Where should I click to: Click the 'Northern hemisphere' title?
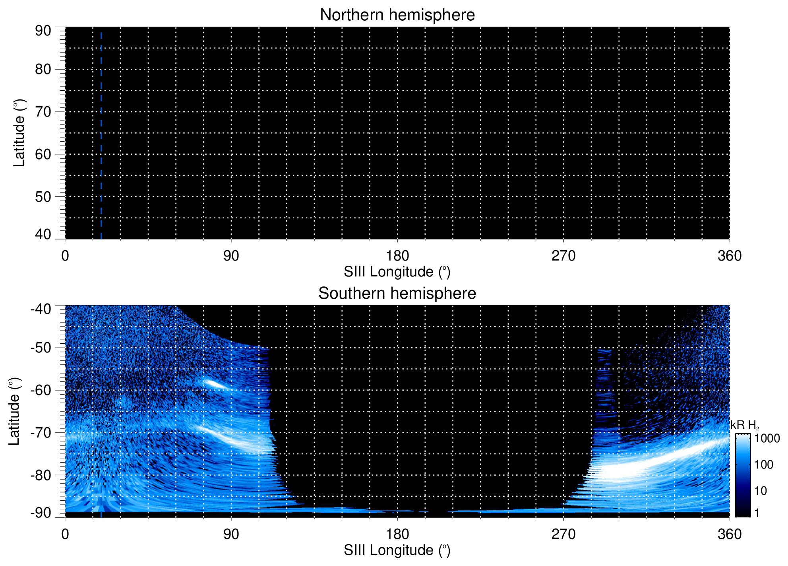tap(397, 15)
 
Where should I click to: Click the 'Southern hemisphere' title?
tap(397, 294)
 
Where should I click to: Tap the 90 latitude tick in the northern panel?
tap(43, 31)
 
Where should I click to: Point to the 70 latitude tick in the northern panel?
tap(43, 112)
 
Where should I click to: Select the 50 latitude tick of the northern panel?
tap(43, 196)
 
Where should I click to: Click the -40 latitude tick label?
tap(41, 309)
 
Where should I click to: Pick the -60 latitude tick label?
tap(41, 390)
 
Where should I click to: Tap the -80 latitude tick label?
tap(41, 475)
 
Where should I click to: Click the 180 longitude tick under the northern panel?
tap(397, 256)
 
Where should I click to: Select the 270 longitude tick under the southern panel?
tap(563, 534)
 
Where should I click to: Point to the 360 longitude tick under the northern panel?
tap(730, 256)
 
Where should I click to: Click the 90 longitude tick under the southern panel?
tap(231, 534)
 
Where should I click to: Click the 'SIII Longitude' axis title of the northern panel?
tap(397, 272)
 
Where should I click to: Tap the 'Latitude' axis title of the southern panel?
tap(14, 412)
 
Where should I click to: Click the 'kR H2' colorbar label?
tap(745, 425)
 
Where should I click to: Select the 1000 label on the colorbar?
tap(767, 439)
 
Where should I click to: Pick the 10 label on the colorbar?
tap(761, 491)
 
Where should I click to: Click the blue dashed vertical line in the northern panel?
tap(101, 135)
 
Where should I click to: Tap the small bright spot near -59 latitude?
tap(215, 384)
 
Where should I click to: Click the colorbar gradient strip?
tap(743, 475)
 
